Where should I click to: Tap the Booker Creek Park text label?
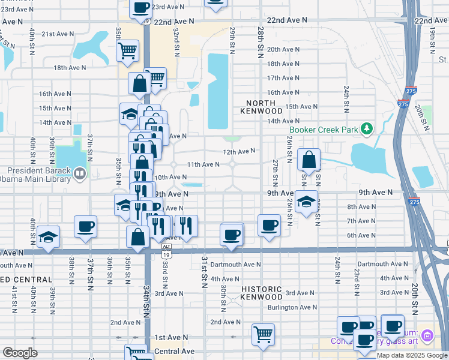click(324, 129)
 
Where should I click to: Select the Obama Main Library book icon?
click(80, 174)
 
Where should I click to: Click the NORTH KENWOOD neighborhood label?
click(261, 107)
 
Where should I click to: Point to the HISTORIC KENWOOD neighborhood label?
click(262, 293)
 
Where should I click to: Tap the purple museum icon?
click(427, 334)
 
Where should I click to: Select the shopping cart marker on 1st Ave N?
click(263, 334)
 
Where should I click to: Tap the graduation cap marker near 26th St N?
click(306, 203)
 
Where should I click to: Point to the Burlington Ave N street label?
click(291, 307)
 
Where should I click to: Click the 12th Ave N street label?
click(240, 152)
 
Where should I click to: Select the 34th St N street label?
click(145, 300)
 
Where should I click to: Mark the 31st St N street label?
click(204, 272)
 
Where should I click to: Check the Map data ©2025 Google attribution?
click(412, 355)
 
